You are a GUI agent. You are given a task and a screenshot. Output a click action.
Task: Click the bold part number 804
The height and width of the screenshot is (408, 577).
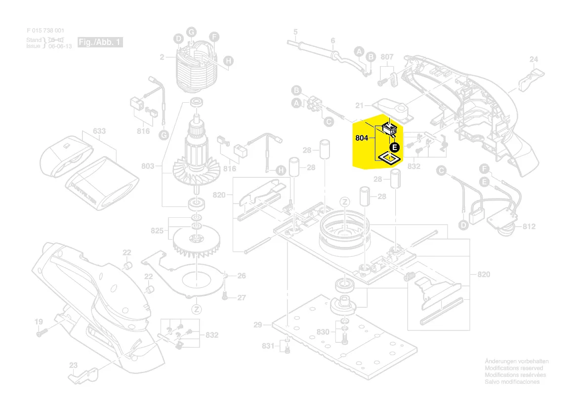(362, 138)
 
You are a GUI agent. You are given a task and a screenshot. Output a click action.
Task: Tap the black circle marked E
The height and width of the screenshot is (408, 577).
(394, 146)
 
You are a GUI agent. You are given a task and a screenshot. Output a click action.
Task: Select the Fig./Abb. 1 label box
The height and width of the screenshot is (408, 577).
(100, 42)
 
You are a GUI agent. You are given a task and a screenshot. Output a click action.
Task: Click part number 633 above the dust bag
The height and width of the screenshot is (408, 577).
(99, 131)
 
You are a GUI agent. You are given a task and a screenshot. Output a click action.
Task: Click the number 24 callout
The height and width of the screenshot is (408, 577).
(534, 59)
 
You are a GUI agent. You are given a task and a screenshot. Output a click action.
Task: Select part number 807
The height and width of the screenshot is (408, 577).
(387, 57)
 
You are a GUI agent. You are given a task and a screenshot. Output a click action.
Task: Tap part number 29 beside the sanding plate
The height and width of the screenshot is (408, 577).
(258, 325)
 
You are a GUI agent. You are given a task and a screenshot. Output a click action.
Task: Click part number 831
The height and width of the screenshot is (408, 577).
(267, 346)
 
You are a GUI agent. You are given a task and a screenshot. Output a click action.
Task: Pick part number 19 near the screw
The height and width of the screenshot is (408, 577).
(39, 322)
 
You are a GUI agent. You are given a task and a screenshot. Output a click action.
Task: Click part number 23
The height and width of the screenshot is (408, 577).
(73, 366)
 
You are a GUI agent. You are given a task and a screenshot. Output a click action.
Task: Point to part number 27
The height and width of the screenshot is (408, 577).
(241, 297)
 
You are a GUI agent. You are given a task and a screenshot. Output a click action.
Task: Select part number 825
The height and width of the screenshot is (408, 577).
(157, 231)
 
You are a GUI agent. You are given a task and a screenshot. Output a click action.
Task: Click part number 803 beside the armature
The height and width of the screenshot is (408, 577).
(148, 166)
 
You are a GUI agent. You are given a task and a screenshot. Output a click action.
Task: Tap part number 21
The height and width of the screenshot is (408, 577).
(360, 105)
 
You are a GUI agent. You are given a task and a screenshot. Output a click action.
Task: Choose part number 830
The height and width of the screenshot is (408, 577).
(323, 331)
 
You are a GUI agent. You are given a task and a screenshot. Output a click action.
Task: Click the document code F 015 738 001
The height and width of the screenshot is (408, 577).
(45, 31)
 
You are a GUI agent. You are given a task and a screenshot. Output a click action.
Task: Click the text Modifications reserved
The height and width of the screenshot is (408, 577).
(514, 368)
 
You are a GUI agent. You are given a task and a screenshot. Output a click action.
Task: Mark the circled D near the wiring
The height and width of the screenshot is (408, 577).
(463, 225)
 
